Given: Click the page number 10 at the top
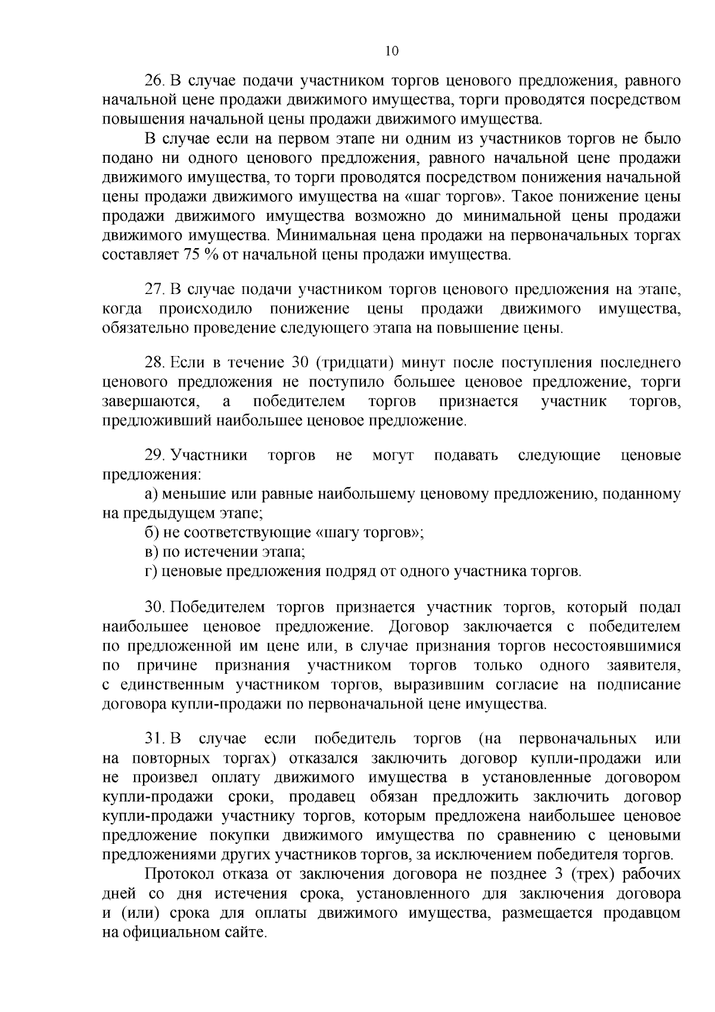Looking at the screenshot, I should (x=391, y=51).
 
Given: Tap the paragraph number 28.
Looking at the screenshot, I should (x=156, y=363).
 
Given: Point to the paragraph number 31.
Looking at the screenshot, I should (x=156, y=739).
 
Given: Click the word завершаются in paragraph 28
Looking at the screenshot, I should (x=151, y=401).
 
